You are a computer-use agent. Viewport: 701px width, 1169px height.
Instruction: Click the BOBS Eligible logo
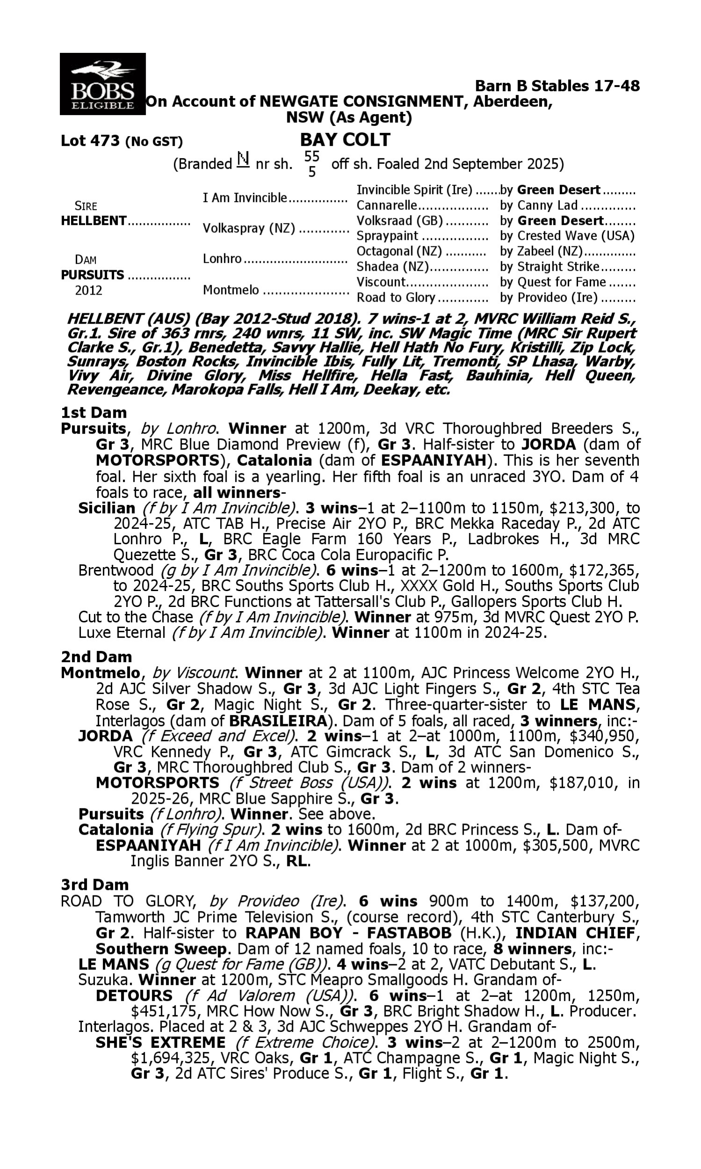click(102, 84)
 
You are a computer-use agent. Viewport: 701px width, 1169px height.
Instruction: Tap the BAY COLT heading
click(345, 140)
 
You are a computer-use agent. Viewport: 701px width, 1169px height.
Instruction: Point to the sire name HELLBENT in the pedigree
click(93, 221)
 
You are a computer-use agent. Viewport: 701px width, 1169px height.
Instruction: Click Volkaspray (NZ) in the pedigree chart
click(249, 228)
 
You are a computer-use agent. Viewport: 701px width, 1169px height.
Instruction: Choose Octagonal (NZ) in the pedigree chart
click(399, 251)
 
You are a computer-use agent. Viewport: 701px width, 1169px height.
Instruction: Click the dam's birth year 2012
click(88, 290)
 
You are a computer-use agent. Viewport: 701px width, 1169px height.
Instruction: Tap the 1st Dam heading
click(93, 412)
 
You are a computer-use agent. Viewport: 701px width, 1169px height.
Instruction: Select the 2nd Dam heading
click(96, 657)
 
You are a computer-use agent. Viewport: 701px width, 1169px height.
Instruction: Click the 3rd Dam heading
click(95, 885)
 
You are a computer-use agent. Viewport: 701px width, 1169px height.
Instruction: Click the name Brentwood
click(116, 570)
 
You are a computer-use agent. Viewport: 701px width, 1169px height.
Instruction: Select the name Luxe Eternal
click(122, 633)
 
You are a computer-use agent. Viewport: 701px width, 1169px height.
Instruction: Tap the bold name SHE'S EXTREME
click(160, 1042)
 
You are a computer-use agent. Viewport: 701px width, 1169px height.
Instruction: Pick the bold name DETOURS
click(134, 996)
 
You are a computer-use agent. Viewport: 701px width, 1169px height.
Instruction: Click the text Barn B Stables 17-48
click(557, 86)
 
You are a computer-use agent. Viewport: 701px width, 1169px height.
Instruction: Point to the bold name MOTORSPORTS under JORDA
click(157, 783)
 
